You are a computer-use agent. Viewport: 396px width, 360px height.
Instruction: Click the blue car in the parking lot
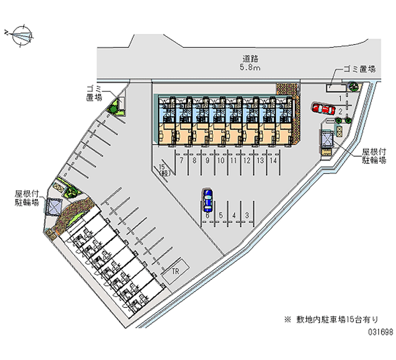coord(208,200)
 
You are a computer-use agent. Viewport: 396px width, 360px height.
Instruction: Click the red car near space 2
coord(323,108)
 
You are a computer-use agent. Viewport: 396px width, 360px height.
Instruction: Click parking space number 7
coord(182,161)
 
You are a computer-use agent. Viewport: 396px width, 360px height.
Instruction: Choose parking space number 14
coord(273,161)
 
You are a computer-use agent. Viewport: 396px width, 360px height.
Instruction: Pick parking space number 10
coord(221,161)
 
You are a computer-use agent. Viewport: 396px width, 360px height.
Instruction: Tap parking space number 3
coord(247,215)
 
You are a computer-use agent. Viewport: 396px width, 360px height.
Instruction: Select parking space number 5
coord(221,215)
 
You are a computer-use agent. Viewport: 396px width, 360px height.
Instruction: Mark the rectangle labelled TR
coord(175,272)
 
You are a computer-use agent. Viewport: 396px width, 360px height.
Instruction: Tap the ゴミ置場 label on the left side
coord(94,93)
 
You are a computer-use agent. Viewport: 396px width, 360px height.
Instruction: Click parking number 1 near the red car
coord(341,99)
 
